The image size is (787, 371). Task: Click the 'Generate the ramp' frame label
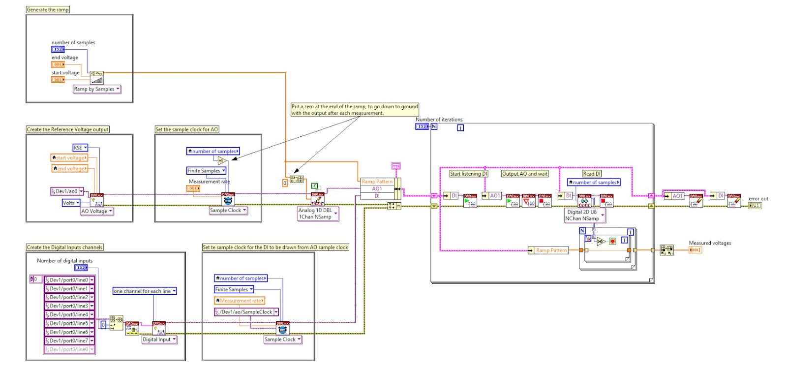(x=48, y=9)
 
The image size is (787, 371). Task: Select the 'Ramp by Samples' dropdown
(x=97, y=89)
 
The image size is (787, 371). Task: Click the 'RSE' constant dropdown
(x=80, y=148)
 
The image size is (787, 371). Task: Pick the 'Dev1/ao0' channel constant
(x=67, y=191)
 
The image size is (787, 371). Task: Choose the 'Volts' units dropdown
(x=71, y=203)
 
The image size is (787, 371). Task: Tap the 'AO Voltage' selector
(x=97, y=211)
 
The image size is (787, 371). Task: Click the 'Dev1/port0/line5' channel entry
(x=69, y=323)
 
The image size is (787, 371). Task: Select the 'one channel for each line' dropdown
(x=144, y=291)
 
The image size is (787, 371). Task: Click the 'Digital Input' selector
(x=159, y=340)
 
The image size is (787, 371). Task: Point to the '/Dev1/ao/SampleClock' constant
(x=246, y=312)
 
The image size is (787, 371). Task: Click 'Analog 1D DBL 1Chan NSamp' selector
(x=318, y=214)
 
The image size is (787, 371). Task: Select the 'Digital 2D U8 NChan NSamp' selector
(x=584, y=216)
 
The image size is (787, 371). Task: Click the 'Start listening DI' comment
(x=468, y=174)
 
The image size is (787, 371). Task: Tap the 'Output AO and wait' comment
(x=524, y=174)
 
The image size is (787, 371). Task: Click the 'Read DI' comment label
(x=591, y=174)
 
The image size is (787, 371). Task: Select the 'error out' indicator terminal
(x=755, y=206)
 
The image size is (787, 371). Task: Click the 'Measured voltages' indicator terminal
(x=695, y=250)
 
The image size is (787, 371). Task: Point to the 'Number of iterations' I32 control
(x=422, y=126)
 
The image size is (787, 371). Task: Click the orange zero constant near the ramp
(x=284, y=183)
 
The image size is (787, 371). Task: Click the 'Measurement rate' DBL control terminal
(x=193, y=188)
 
